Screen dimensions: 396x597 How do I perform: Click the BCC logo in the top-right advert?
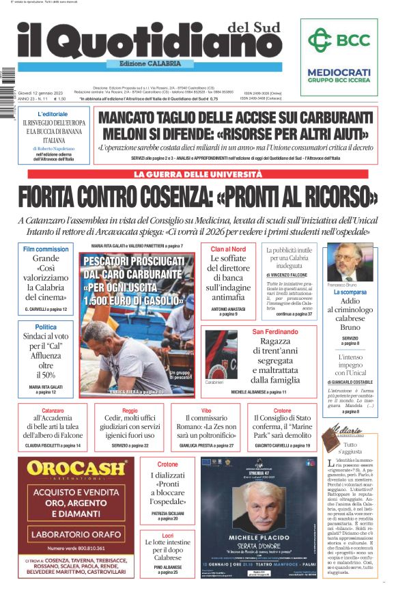[339, 40]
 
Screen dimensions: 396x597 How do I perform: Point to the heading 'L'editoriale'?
[53, 113]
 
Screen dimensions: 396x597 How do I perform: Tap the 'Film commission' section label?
[46, 249]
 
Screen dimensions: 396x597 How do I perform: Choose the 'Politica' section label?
[46, 327]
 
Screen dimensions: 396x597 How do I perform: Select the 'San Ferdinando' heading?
[274, 331]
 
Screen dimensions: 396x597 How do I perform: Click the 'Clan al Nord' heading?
[228, 249]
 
